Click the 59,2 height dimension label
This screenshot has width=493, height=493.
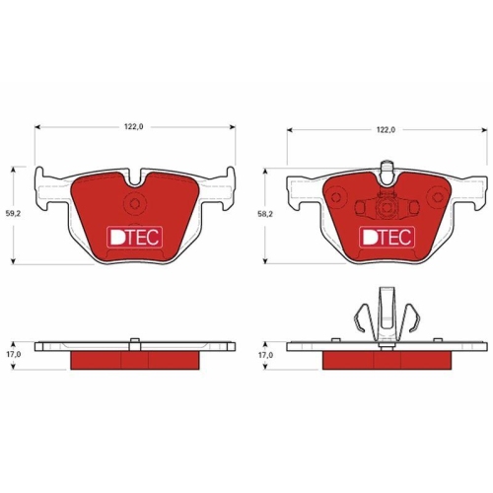click(13, 213)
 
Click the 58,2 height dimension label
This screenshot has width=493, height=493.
click(265, 214)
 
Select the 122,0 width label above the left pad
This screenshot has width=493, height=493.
click(134, 127)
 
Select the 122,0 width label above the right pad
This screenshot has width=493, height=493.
click(386, 130)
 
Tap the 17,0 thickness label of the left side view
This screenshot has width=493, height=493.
click(13, 354)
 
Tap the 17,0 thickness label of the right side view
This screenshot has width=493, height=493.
click(265, 355)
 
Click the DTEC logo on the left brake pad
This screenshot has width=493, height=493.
click(135, 237)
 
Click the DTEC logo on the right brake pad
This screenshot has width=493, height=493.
click(387, 237)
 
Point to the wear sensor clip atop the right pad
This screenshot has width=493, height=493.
click(387, 173)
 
